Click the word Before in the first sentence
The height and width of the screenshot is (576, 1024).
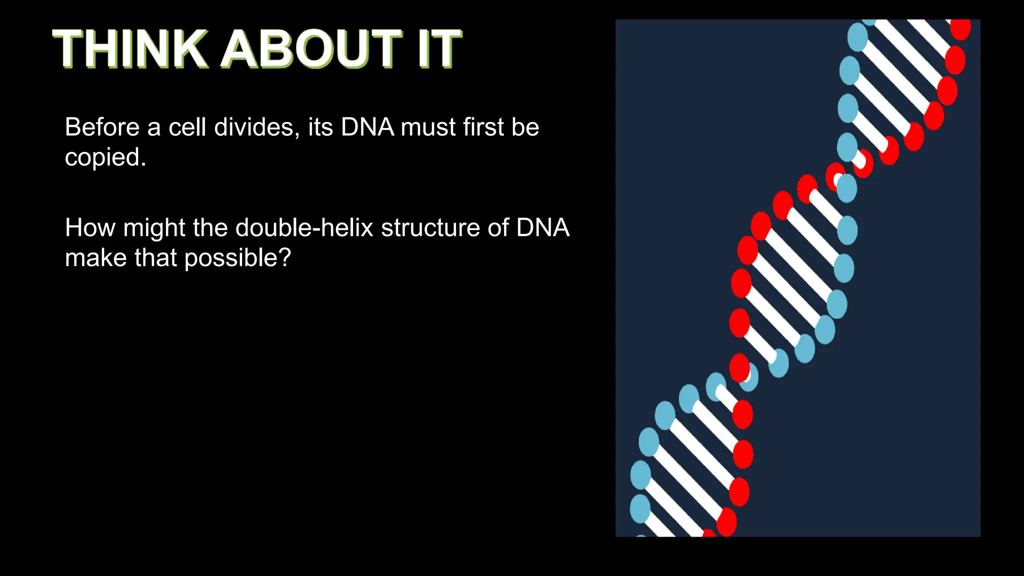pyautogui.click(x=102, y=127)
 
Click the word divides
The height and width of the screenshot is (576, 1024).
pyautogui.click(x=254, y=127)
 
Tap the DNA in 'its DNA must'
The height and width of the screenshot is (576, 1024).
pyautogui.click(x=367, y=127)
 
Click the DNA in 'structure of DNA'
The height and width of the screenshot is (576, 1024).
pyautogui.click(x=542, y=228)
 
